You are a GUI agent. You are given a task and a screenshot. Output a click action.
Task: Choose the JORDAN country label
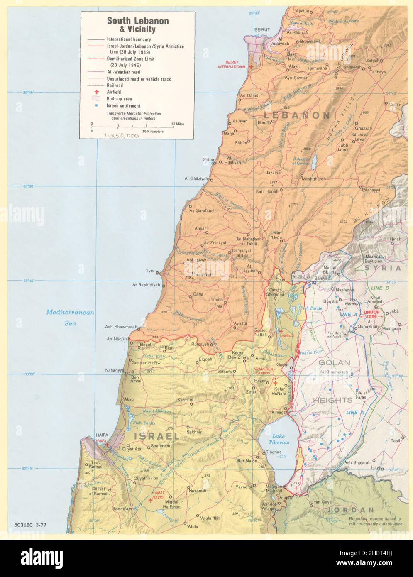(350, 510)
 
